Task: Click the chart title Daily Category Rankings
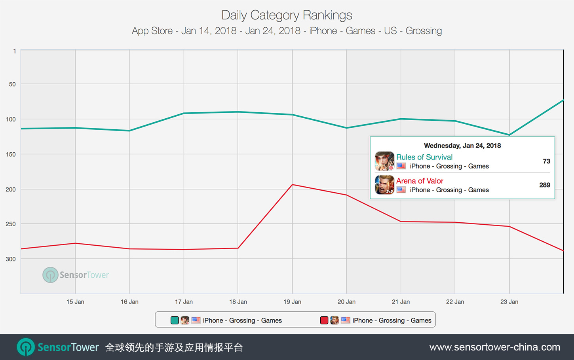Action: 287,15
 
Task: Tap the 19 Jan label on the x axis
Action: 292,302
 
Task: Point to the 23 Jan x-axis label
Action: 509,302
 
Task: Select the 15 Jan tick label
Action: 75,302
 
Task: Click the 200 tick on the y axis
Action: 11,189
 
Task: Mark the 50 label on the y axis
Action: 12,84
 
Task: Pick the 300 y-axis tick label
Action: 11,259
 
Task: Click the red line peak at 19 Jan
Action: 292,185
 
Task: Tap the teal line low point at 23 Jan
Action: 509,135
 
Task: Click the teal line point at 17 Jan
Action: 184,114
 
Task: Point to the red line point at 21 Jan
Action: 401,222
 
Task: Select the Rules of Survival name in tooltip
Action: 424,157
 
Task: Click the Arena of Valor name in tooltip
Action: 420,181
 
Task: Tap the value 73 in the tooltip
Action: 546,161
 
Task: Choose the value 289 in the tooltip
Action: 545,185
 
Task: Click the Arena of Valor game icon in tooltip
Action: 384,185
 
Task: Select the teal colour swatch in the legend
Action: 175,320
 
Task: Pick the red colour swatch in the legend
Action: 324,320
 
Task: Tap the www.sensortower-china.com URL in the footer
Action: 494,347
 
